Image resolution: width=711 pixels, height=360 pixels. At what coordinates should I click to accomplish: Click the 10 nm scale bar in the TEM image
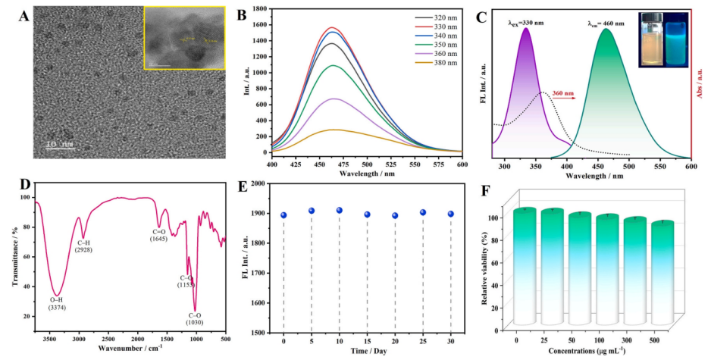click(59, 143)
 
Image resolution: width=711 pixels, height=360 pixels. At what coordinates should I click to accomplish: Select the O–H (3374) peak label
click(55, 305)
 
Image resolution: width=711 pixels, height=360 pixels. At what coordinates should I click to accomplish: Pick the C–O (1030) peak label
click(193, 318)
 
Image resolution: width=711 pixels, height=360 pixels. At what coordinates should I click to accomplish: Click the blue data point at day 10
click(340, 210)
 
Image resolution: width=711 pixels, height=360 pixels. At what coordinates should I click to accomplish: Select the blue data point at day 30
click(451, 214)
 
